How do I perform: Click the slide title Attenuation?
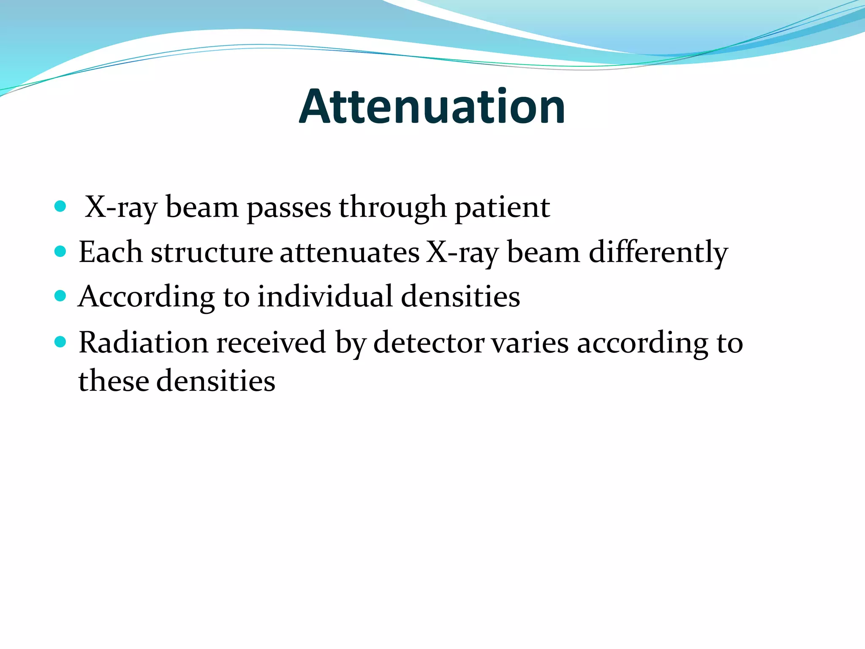coord(432,106)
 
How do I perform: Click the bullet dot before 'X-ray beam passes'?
coord(60,207)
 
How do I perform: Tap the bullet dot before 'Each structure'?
coord(60,252)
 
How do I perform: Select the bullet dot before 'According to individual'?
coord(60,296)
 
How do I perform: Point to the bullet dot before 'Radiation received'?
coord(60,341)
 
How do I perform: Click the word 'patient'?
coord(502,208)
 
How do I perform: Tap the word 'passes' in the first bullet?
coord(289,208)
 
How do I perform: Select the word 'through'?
coord(392,208)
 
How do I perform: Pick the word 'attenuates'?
coord(350,253)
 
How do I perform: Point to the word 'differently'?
coord(658,253)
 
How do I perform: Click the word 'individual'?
coord(325,297)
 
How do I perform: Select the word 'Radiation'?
coord(144,342)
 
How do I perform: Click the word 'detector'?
coord(429,342)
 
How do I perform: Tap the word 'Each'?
coord(111,253)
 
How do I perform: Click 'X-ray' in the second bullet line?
coord(462,253)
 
